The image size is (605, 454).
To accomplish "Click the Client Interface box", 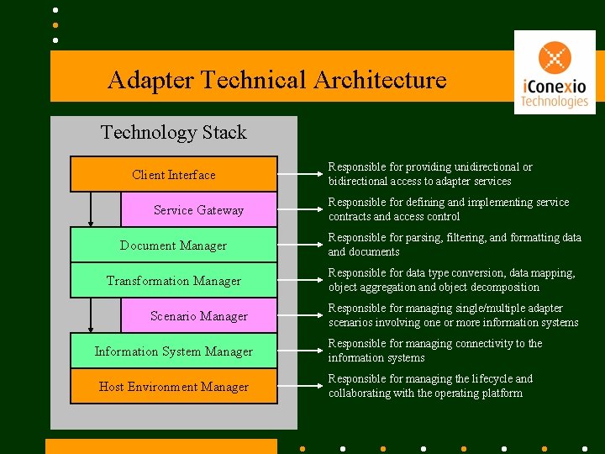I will [173, 175].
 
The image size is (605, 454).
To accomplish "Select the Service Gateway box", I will [198, 210].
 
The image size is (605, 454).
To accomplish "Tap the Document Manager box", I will [173, 245].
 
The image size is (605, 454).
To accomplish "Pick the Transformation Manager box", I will [173, 281].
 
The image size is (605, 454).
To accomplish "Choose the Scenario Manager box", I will [198, 316].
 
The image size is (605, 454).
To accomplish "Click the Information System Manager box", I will [173, 351].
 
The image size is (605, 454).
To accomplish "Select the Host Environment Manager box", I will [173, 387].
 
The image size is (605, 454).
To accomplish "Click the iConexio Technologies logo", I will [554, 72].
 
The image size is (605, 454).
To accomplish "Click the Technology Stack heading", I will [173, 132].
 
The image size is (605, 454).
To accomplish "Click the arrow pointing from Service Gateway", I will [300, 210].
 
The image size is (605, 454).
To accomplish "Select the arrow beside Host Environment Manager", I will [300, 387].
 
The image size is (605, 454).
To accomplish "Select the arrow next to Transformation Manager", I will [300, 281].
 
